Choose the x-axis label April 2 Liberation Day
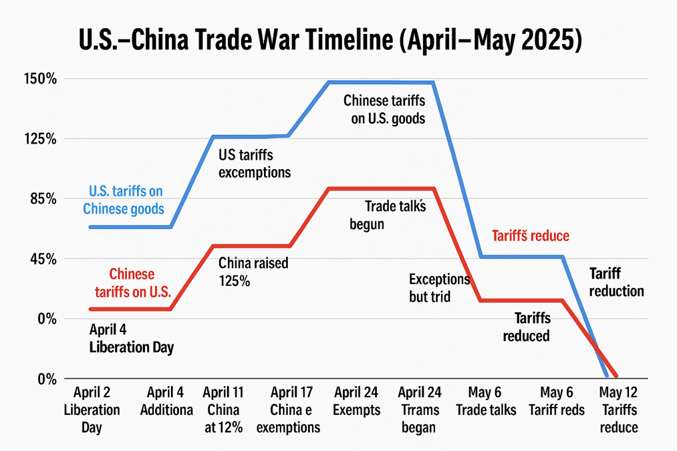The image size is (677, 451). point(91,410)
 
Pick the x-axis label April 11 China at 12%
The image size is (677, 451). point(224,410)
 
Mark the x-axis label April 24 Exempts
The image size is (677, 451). point(357,401)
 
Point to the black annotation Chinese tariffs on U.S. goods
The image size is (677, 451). point(384,109)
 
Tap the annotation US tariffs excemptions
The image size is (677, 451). point(254,163)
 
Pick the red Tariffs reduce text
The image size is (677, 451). point(531,236)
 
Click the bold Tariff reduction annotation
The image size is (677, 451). point(616,282)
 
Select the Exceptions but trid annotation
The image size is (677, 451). point(439,288)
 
